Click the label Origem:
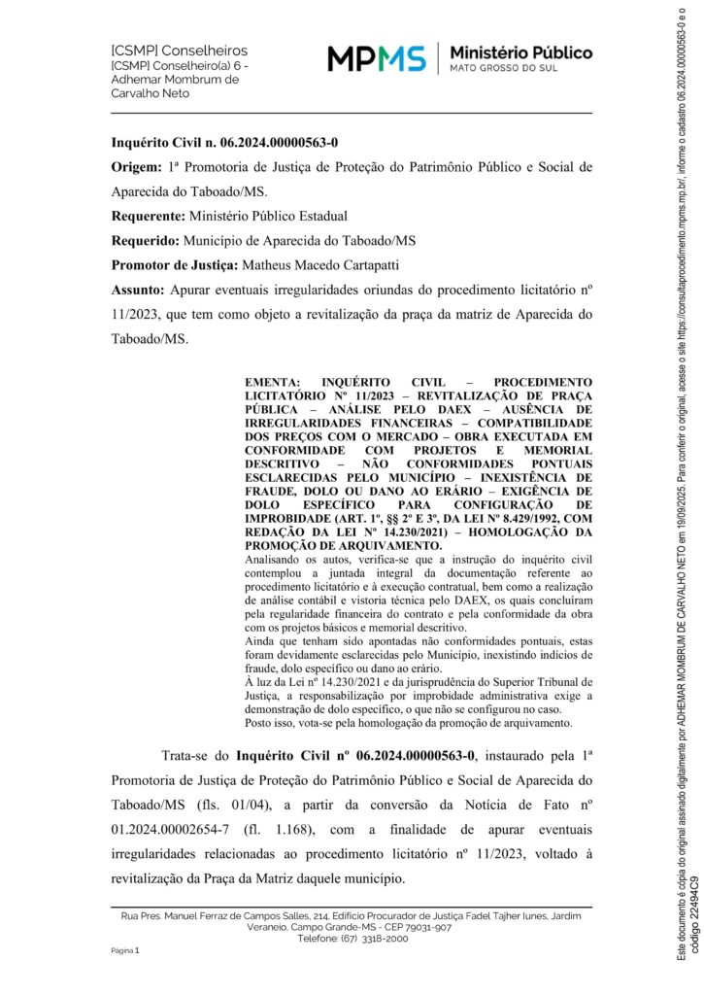(136, 167)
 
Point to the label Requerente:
(148, 216)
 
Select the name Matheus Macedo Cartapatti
(318, 264)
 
